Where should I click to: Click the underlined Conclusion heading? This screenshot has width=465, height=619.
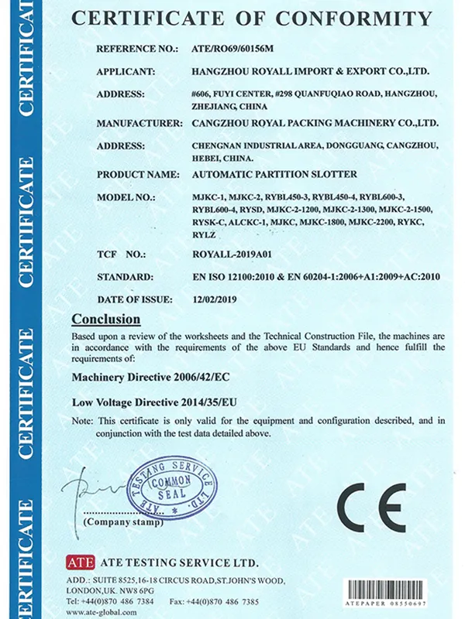[106, 319]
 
